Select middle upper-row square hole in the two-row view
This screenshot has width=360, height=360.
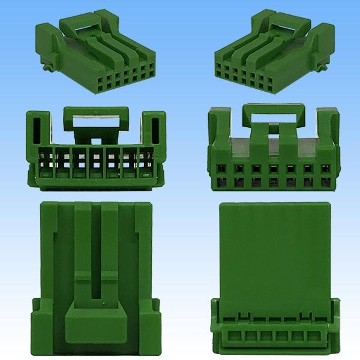pos(274,169)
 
